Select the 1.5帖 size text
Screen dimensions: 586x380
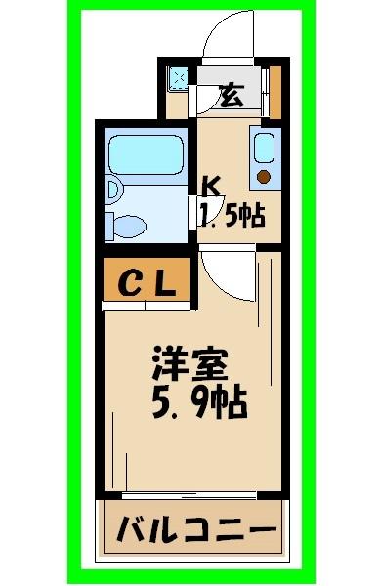(x=233, y=215)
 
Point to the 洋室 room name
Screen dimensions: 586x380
(x=190, y=365)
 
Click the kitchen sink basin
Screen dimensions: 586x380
(x=263, y=147)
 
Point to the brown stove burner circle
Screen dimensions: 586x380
(x=263, y=177)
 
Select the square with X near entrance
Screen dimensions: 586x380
(x=178, y=78)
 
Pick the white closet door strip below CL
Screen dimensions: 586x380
(x=148, y=307)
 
